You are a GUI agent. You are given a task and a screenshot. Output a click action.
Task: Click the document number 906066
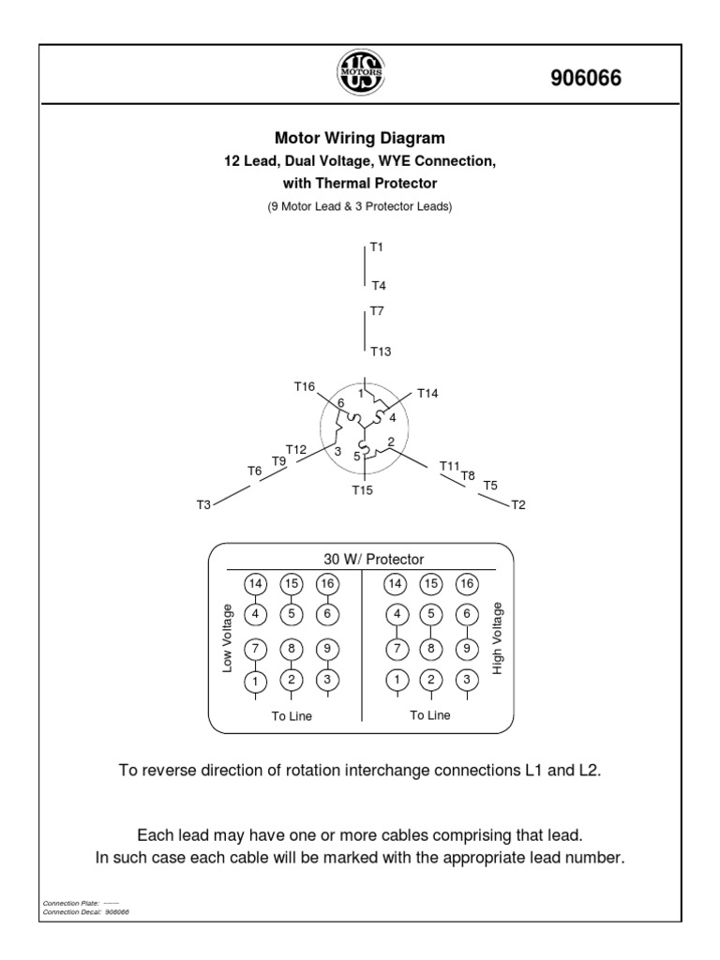point(585,79)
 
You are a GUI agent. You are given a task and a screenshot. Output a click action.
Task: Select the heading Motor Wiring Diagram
point(359,139)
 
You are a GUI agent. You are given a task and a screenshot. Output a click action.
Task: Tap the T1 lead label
point(377,247)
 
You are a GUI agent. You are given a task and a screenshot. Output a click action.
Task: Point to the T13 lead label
point(380,352)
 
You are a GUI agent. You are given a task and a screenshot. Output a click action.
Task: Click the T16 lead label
point(305,386)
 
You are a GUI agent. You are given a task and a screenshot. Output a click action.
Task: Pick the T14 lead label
point(427,393)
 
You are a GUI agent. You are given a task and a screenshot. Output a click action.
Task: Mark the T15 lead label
point(363,489)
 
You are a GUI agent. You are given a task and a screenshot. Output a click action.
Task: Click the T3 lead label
point(203,505)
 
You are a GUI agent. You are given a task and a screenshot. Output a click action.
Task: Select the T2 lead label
point(518,505)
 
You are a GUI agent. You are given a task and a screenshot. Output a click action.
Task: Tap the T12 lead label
point(296,449)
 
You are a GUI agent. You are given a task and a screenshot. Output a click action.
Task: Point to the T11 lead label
point(449,465)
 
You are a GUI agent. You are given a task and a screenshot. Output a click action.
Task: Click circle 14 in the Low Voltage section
point(255,583)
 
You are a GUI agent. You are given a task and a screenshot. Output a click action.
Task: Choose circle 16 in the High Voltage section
point(466,583)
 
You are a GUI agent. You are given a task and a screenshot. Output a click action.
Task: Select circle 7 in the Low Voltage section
point(255,648)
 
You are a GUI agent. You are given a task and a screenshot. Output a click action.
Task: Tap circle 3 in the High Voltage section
point(466,680)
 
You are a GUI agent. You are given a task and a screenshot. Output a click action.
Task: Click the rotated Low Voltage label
point(227,637)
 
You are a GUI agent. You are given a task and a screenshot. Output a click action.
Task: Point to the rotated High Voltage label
point(498,637)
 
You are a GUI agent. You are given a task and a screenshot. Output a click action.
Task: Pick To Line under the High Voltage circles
point(430,714)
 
